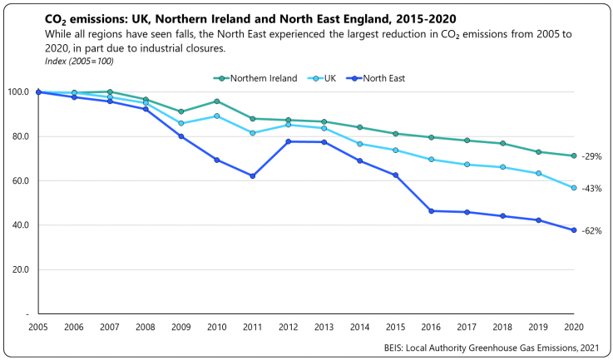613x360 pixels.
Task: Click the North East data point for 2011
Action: coord(252,175)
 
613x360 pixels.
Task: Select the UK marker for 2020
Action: coord(574,188)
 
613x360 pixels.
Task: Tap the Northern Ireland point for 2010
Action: coord(216,101)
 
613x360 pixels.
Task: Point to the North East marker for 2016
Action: coord(431,211)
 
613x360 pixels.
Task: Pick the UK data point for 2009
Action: coord(180,123)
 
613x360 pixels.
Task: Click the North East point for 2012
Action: coord(288,141)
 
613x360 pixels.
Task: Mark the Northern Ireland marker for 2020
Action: coord(574,155)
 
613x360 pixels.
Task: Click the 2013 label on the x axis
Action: coord(324,328)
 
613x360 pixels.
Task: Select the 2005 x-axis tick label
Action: coord(37,328)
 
